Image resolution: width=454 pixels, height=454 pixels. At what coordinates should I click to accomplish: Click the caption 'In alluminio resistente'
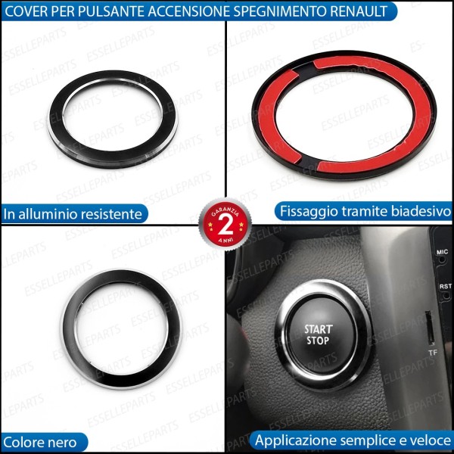(73, 214)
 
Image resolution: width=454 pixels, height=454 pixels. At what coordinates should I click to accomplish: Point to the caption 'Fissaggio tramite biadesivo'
(364, 210)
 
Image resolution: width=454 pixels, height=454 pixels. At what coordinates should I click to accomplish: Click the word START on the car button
(318, 329)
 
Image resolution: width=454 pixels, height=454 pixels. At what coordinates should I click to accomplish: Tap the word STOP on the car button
(318, 341)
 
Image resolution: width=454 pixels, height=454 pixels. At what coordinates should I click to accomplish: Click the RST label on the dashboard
(444, 288)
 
